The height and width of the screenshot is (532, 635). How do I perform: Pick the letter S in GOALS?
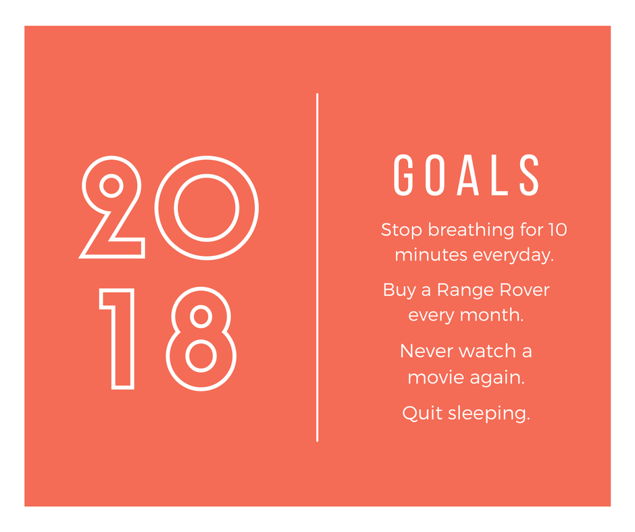tap(530, 175)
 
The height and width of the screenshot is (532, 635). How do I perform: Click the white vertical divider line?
tap(317, 267)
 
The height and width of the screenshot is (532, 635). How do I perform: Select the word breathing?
tap(471, 230)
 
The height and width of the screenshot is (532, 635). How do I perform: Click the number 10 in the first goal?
tap(557, 230)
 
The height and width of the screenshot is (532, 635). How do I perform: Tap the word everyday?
tap(513, 256)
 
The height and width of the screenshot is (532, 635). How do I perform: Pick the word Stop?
tap(402, 230)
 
